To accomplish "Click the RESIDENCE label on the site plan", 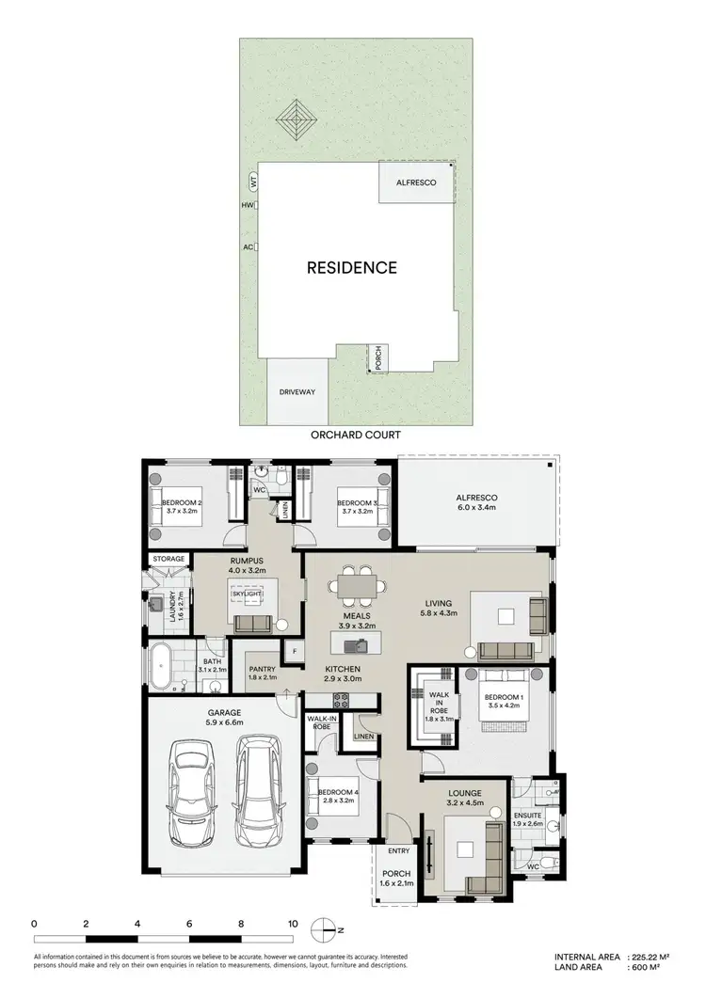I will click(352, 267).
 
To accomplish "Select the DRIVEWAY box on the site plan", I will click(297, 391).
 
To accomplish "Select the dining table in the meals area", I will click(358, 586).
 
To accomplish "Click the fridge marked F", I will click(294, 650).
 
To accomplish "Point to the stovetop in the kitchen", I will click(340, 699).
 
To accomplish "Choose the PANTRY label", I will click(263, 670).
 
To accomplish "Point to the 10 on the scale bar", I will click(293, 925).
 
